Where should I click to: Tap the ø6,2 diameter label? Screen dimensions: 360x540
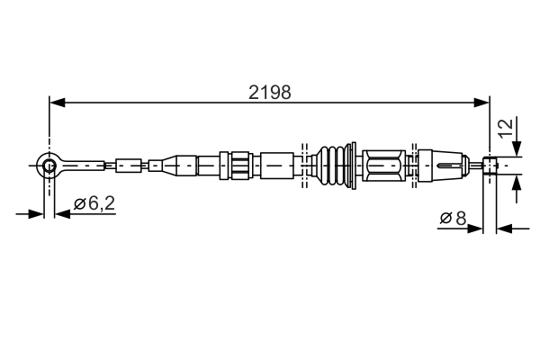coord(94,203)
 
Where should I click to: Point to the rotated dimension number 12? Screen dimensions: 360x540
coord(506,127)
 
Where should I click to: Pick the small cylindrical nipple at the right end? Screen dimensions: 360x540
coord(490,166)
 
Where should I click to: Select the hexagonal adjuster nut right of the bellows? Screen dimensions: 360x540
coord(384,166)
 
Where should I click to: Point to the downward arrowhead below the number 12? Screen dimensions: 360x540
coord(517,151)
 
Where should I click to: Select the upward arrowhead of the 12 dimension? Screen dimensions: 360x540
coord(517,182)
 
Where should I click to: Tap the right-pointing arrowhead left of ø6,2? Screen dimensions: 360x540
coord(36,214)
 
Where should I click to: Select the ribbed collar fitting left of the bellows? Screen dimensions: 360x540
coord(239,166)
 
